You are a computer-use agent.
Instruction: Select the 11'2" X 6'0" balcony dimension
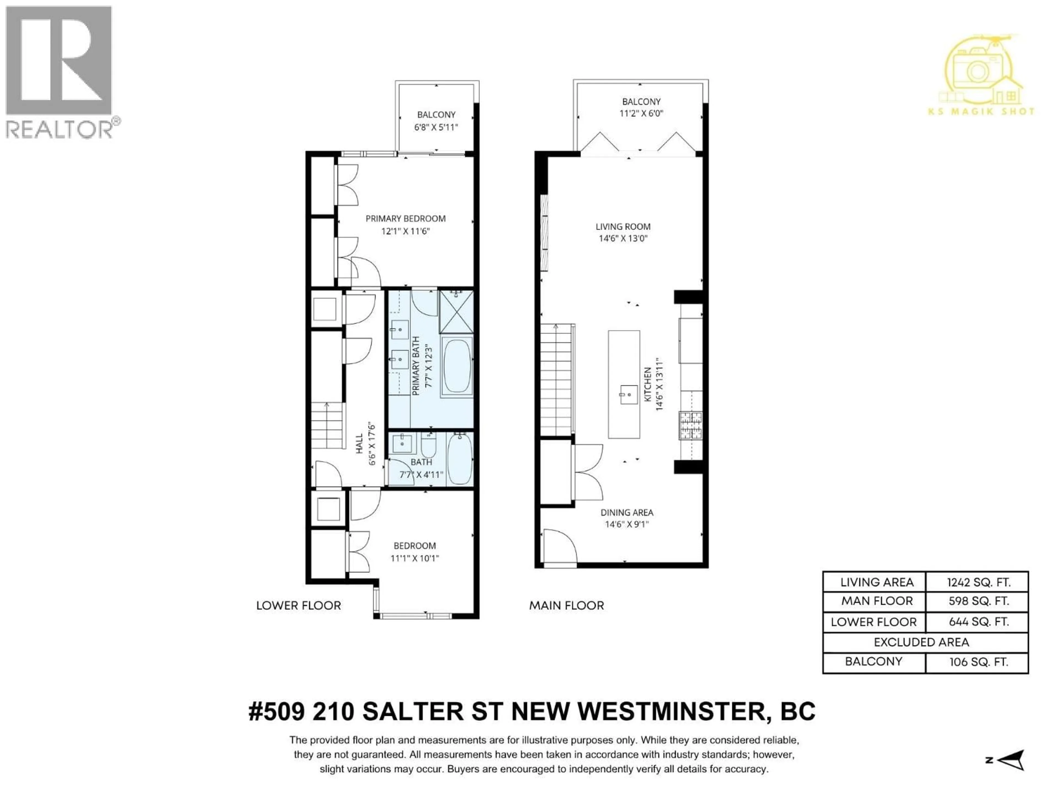tap(641, 113)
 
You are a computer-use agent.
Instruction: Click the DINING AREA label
tap(627, 513)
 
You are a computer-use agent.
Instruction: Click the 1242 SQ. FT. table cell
tap(978, 583)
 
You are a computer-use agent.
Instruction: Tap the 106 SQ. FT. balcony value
tap(978, 662)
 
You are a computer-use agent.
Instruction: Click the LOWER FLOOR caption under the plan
tap(298, 605)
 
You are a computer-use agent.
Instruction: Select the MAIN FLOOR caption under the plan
tap(566, 605)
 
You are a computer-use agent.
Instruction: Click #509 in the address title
tap(276, 712)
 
